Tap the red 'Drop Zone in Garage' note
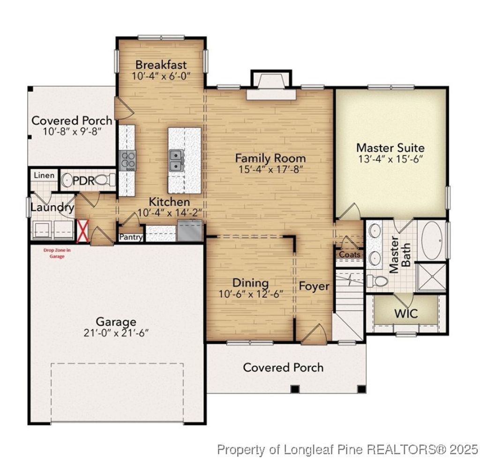tap(57, 253)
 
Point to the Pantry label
tap(131, 238)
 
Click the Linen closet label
tap(44, 176)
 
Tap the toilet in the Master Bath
tap(378, 281)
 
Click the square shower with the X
tap(431, 277)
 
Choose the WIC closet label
tap(406, 313)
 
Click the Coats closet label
tap(350, 254)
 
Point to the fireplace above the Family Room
tap(272, 87)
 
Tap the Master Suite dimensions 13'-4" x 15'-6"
tap(390, 159)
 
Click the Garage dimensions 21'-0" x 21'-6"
tap(116, 333)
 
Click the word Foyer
tap(314, 286)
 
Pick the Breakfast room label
tap(161, 65)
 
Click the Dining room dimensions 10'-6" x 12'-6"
tap(251, 294)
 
